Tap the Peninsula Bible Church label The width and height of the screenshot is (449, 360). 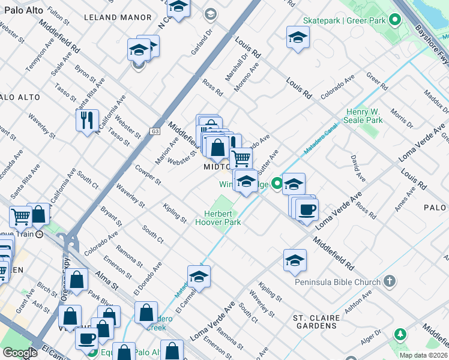coord(337,282)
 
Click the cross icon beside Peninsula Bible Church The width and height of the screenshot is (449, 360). coord(390,281)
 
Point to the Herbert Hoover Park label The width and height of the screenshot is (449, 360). coord(218,218)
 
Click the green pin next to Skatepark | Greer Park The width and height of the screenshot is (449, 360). coord(394,20)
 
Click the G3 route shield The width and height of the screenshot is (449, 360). coord(155,131)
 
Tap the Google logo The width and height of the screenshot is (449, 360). coord(20,353)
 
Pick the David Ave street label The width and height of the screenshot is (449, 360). coord(358,169)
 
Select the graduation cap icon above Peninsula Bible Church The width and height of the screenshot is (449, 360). coord(295,260)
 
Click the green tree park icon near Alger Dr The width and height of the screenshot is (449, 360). coord(399,334)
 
